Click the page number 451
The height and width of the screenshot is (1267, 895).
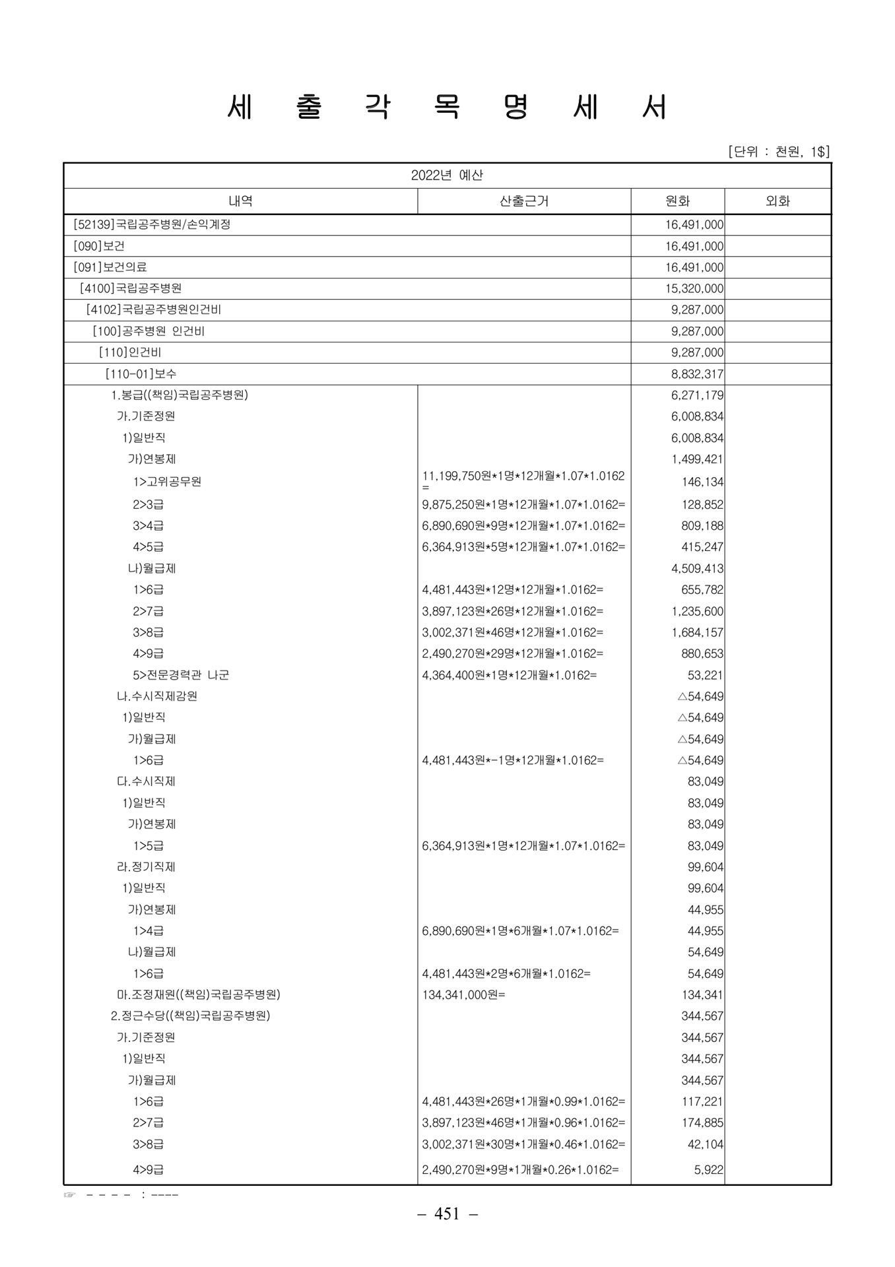click(x=447, y=1214)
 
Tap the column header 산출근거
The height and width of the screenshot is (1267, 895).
click(x=524, y=201)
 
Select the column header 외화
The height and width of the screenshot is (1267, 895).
click(x=778, y=201)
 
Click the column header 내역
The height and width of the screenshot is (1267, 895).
click(x=240, y=201)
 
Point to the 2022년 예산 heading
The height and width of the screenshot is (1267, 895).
click(x=447, y=176)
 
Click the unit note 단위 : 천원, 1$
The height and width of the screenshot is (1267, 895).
click(x=779, y=152)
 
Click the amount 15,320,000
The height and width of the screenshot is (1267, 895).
click(x=694, y=288)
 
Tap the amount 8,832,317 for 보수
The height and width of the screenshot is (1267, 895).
click(x=697, y=374)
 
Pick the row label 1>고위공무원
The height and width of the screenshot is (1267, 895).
click(x=167, y=481)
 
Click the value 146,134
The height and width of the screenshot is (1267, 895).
click(x=702, y=482)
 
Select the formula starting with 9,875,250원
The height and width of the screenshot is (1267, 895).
click(x=523, y=505)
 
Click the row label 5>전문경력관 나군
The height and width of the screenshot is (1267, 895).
click(x=181, y=675)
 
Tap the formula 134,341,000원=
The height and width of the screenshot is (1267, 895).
click(x=463, y=994)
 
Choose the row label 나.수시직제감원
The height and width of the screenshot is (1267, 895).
click(x=157, y=696)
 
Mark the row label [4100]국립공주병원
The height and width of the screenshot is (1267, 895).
click(x=131, y=288)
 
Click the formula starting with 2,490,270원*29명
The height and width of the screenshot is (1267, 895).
click(x=512, y=653)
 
